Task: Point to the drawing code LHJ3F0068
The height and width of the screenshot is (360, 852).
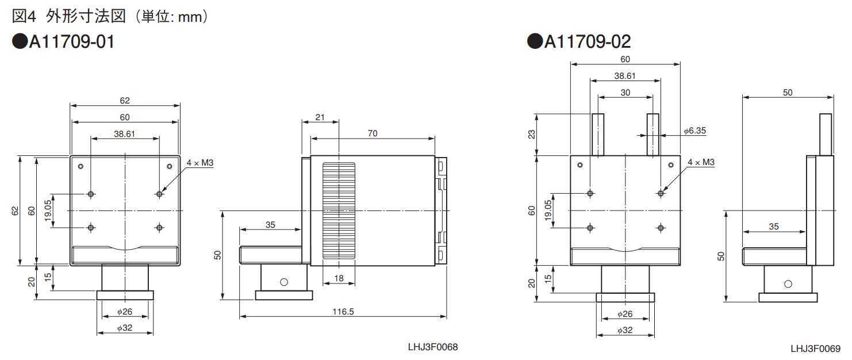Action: tap(433, 347)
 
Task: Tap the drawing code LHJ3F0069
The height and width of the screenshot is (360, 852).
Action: tap(815, 348)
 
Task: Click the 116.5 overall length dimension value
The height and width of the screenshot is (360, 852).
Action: tap(343, 312)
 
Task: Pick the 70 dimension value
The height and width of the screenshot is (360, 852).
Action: tap(373, 133)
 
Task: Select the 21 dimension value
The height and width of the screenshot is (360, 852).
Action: tap(320, 117)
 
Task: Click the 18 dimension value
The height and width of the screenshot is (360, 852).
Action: tap(339, 278)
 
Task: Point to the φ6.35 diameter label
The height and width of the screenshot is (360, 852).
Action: tap(694, 131)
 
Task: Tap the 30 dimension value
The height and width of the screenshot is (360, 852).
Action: tap(625, 92)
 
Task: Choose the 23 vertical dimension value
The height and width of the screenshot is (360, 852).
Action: tap(531, 134)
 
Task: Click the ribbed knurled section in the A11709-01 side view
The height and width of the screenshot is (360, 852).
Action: tap(339, 210)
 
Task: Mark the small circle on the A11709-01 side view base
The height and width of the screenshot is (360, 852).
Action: tap(283, 282)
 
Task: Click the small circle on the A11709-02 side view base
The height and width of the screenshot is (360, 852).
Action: tap(787, 283)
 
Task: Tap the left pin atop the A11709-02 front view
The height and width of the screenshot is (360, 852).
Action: tap(598, 135)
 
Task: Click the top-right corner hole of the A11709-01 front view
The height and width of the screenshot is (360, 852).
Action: tap(169, 167)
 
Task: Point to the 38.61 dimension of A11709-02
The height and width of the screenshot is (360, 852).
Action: tap(625, 76)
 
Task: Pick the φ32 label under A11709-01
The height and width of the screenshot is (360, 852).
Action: tap(125, 328)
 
